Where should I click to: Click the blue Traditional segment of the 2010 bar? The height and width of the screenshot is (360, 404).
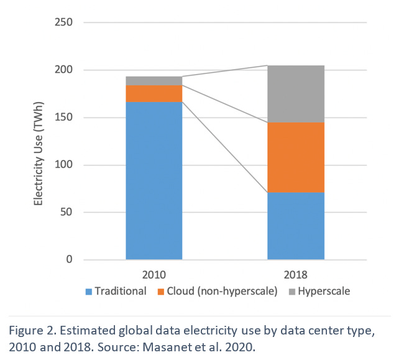point(154,180)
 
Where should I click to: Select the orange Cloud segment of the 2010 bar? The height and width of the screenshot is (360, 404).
point(154,93)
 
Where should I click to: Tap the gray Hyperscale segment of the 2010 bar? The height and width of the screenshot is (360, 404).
point(154,81)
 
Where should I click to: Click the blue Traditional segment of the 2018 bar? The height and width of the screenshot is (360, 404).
point(296,226)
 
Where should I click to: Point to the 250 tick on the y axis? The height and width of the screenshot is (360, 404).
point(65,23)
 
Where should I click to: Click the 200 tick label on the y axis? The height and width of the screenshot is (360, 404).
point(65,70)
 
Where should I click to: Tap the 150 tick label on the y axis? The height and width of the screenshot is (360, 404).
point(65,118)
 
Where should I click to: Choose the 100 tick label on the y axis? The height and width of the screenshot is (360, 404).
point(65,165)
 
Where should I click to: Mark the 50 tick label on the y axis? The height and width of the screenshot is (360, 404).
point(67,212)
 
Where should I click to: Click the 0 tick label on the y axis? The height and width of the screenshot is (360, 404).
point(70,260)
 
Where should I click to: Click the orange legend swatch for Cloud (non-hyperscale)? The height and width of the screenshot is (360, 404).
point(162,291)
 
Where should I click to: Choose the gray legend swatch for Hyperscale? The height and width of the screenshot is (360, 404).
point(293,291)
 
